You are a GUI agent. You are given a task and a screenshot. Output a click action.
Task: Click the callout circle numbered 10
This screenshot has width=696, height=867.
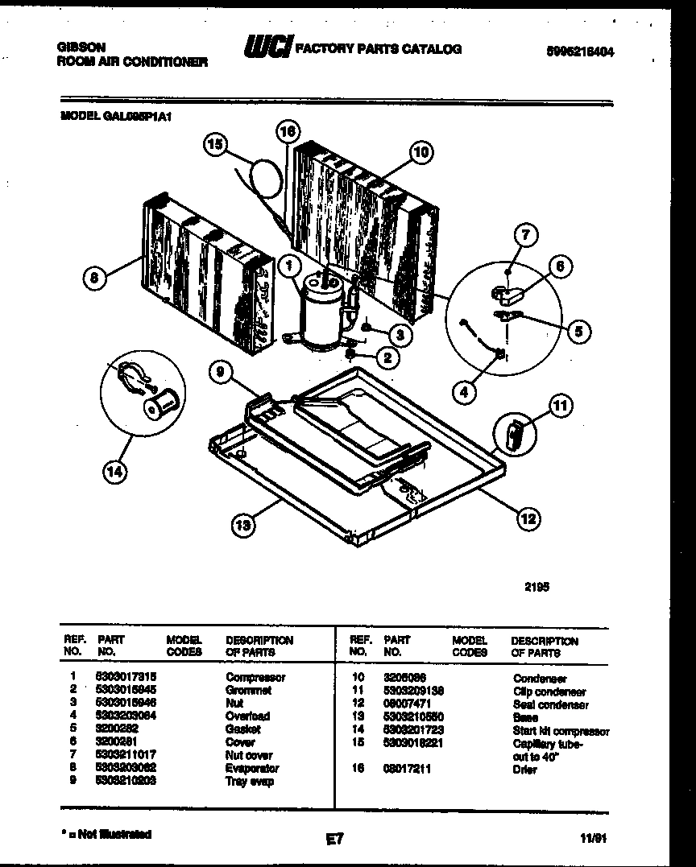click(420, 151)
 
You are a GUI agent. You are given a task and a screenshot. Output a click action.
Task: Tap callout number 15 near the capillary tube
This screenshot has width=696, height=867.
click(214, 145)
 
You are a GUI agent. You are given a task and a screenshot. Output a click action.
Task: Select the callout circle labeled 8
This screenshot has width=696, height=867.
click(94, 279)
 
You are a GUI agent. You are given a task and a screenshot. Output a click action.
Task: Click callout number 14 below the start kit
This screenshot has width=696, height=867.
click(114, 473)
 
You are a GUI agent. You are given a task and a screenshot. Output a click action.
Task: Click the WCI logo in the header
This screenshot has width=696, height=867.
click(268, 49)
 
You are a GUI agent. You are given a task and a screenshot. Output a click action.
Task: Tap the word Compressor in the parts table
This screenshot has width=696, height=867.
click(255, 677)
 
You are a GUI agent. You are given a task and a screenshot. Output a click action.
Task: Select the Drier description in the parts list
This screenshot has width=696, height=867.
click(524, 770)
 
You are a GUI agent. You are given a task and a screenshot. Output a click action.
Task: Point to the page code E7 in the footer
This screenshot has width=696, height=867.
click(335, 839)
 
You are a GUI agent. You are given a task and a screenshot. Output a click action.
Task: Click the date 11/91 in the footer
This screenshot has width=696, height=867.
click(592, 838)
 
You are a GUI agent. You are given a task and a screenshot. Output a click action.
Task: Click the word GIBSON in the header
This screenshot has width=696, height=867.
click(81, 47)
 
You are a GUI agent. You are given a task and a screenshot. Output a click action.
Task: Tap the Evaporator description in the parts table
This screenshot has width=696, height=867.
click(253, 768)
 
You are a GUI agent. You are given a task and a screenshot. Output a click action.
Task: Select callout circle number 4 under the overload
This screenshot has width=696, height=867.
click(462, 392)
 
